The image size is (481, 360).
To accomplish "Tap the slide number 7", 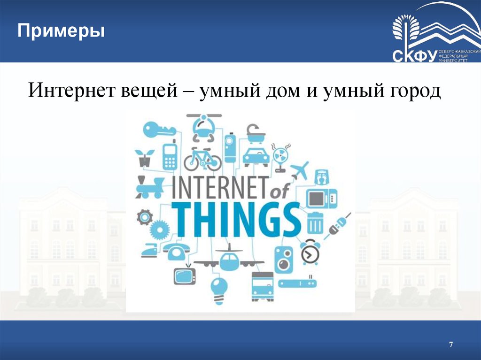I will pos(451,345).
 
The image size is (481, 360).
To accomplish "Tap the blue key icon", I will pos(158,129).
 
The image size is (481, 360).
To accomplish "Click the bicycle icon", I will pos(202,159).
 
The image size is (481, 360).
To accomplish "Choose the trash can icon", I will pos(315,222).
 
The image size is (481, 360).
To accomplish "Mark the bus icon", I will pos(262,286).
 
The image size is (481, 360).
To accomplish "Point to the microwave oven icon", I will pos(322,198).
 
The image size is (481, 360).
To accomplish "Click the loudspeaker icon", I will pos(283,260).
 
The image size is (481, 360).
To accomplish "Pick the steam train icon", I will pos(149,186).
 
